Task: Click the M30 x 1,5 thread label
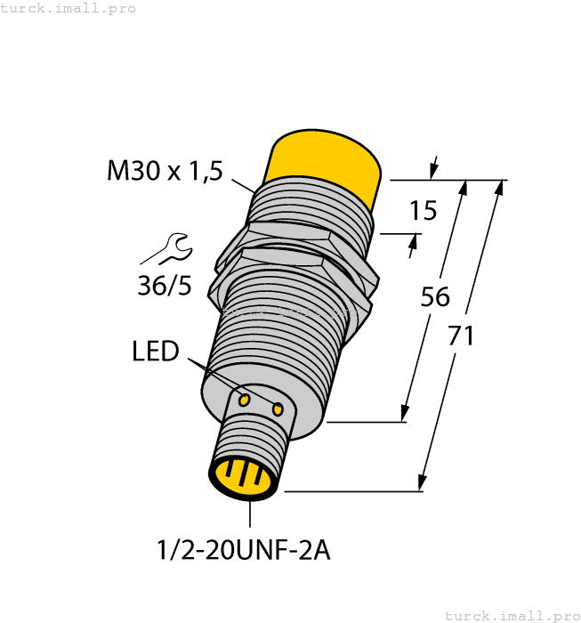pyautogui.click(x=165, y=170)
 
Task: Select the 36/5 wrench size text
pyautogui.click(x=165, y=287)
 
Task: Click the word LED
pyautogui.click(x=155, y=352)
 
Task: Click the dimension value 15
pyautogui.click(x=423, y=211)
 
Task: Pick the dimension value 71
pyautogui.click(x=460, y=336)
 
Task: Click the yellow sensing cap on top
pyautogui.click(x=325, y=165)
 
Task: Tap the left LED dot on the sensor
pyautogui.click(x=244, y=400)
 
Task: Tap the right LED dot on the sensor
pyautogui.click(x=278, y=409)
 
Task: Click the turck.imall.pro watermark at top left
pyautogui.click(x=69, y=8)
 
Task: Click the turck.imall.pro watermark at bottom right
pyautogui.click(x=511, y=615)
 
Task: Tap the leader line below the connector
pyautogui.click(x=250, y=514)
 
